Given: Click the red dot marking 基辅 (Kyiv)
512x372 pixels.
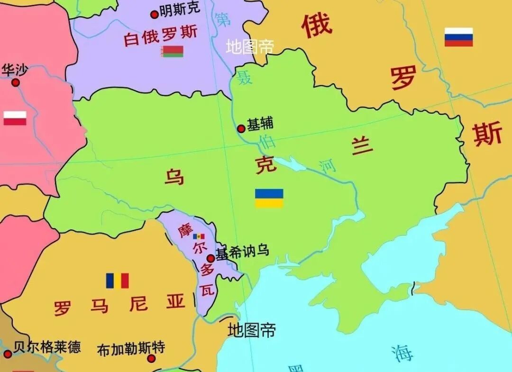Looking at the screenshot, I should tap(241, 128).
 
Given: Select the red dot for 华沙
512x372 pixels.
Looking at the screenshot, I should tap(16, 82).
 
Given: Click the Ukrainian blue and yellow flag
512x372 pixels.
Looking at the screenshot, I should tap(269, 198).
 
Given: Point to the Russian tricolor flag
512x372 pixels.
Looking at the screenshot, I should tap(458, 37).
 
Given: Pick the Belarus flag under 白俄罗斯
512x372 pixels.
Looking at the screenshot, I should tap(172, 52).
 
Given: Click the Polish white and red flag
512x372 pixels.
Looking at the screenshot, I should tap(15, 118).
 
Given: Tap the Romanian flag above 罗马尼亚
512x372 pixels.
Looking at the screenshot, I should tap(117, 281).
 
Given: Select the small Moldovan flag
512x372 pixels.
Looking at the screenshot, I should tap(199, 236).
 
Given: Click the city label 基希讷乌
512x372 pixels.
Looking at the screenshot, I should tap(242, 252).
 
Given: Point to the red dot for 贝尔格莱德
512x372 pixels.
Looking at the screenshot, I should tap(8, 354).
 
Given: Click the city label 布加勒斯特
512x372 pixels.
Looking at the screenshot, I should tap(131, 349).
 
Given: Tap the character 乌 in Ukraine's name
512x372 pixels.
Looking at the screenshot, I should tap(174, 177).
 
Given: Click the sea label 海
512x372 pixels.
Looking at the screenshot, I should tap(402, 353).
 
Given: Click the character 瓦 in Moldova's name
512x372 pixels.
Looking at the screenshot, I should tap(207, 290).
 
